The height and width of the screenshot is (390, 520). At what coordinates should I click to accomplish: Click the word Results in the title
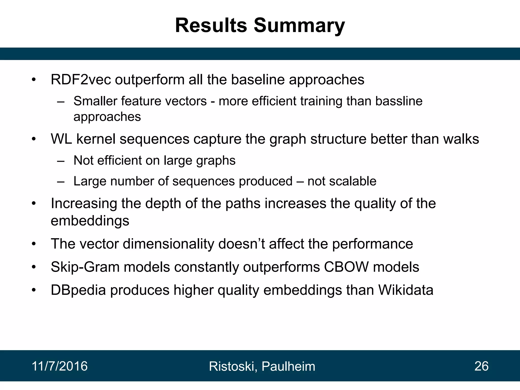[x=211, y=25]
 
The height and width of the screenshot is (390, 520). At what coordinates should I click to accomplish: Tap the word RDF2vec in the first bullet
[x=81, y=80]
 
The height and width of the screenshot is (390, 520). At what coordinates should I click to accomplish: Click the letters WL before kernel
[x=61, y=139]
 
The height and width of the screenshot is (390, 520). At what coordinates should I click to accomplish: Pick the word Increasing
[x=84, y=204]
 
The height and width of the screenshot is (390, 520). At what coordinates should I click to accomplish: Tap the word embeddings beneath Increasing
[x=90, y=221]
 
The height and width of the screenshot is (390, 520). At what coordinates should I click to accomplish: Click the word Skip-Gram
[x=85, y=267]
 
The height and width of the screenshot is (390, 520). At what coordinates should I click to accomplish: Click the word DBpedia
[x=78, y=290]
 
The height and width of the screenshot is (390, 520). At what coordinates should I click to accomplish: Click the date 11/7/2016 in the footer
[x=60, y=366]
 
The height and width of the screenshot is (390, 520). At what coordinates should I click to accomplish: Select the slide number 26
[x=481, y=366]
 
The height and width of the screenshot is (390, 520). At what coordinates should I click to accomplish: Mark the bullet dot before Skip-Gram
[x=34, y=267]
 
